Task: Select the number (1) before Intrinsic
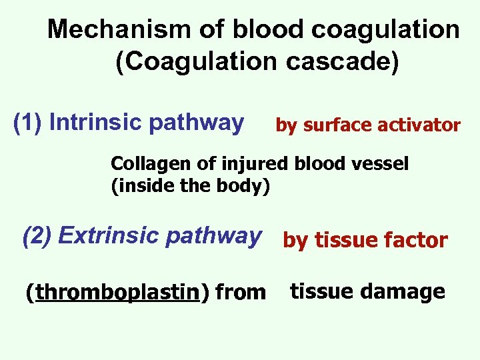[x=29, y=123]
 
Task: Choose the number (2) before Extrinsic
[x=37, y=236]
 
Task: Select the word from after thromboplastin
[x=241, y=292]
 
